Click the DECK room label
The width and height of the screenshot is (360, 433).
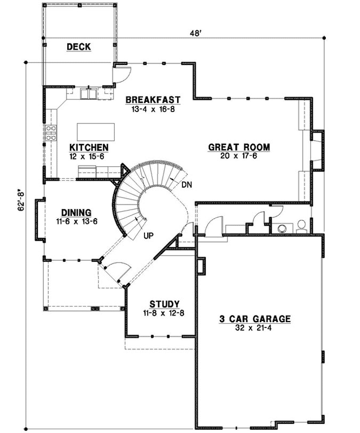tap(78, 47)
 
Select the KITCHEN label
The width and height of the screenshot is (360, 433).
tap(89, 147)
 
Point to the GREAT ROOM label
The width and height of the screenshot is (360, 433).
tap(239, 147)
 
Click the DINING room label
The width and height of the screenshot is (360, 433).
tap(76, 212)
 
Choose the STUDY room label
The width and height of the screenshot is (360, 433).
tap(165, 304)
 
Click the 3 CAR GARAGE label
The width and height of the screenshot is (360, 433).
tap(256, 319)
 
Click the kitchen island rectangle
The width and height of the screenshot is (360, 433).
tap(97, 132)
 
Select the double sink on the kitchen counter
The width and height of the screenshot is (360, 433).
tap(88, 94)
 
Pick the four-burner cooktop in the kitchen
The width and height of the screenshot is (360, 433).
tap(51, 133)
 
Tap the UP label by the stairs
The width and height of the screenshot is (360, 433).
tap(149, 236)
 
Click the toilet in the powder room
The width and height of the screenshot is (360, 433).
tap(301, 226)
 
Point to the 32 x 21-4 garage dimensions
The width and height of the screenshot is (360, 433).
tap(256, 327)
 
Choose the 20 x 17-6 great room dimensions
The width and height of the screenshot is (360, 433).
tap(239, 155)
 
